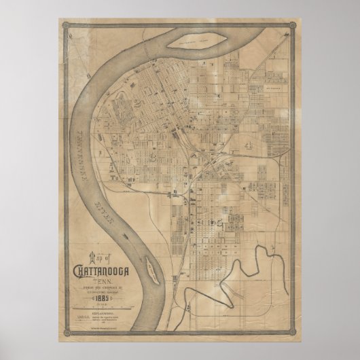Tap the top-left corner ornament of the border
(66, 27)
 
